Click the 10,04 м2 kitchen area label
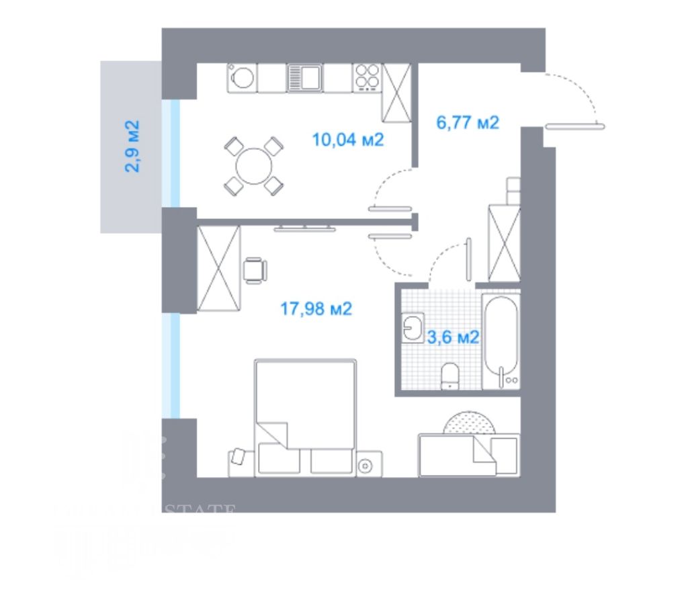click(347, 140)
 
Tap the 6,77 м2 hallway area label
click(468, 123)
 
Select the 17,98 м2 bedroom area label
click(316, 309)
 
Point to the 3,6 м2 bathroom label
click(454, 337)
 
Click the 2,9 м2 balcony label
click(132, 146)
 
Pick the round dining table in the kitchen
click(253, 165)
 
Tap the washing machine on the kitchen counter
click(242, 79)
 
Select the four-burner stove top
click(367, 78)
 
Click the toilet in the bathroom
click(449, 376)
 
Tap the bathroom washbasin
click(412, 328)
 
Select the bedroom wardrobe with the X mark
click(218, 269)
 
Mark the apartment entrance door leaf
click(575, 125)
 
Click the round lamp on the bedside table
click(365, 464)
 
